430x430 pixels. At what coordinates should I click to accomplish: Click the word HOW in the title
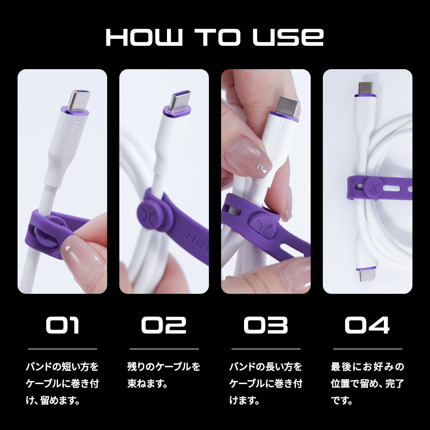click(x=144, y=37)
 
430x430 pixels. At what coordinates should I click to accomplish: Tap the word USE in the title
click(x=288, y=37)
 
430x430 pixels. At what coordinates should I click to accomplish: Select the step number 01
click(x=62, y=325)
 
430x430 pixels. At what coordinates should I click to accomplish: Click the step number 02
click(x=164, y=325)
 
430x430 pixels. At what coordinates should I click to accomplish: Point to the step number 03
click(x=266, y=325)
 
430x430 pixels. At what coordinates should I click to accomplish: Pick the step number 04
click(x=367, y=325)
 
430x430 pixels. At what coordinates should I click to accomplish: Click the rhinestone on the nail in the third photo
click(x=259, y=167)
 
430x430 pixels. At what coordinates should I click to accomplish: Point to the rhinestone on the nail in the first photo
click(x=67, y=248)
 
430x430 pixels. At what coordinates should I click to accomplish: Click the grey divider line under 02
click(x=164, y=349)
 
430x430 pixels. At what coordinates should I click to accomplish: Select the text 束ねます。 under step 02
click(x=147, y=384)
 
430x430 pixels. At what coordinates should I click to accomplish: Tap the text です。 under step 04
click(x=341, y=401)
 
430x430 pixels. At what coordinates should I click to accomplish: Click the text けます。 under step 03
click(x=244, y=401)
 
